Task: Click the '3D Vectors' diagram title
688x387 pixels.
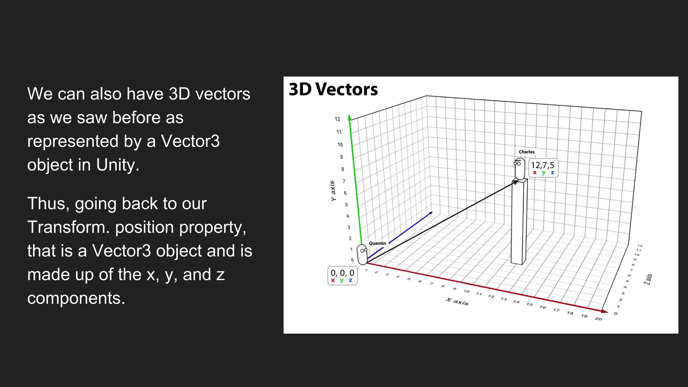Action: pyautogui.click(x=333, y=89)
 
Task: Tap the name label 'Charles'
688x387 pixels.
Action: pyautogui.click(x=526, y=152)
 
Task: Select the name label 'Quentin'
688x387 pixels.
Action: pyautogui.click(x=377, y=243)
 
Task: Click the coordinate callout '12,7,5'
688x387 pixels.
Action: pyautogui.click(x=543, y=168)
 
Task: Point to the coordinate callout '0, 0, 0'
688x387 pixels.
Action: pyautogui.click(x=342, y=275)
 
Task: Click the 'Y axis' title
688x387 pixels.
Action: pyautogui.click(x=333, y=191)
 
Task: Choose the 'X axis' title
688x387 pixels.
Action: pyautogui.click(x=457, y=301)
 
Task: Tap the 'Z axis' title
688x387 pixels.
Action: pyautogui.click(x=648, y=279)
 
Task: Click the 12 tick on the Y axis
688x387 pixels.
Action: pyautogui.click(x=337, y=119)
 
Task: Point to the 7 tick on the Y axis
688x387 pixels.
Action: pyautogui.click(x=344, y=181)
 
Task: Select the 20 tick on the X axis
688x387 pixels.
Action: pyautogui.click(x=598, y=318)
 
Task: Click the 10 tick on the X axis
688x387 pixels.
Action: pyautogui.click(x=467, y=291)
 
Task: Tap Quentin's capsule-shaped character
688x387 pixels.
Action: pyautogui.click(x=362, y=254)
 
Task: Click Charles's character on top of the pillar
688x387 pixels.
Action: pyautogui.click(x=519, y=169)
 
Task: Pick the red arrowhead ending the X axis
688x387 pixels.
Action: pyautogui.click(x=605, y=311)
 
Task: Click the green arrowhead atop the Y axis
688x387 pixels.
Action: pyautogui.click(x=349, y=117)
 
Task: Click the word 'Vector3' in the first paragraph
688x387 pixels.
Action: pyautogui.click(x=190, y=141)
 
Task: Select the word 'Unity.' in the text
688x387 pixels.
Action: pyautogui.click(x=118, y=165)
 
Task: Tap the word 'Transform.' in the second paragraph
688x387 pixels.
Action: pyautogui.click(x=69, y=227)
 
